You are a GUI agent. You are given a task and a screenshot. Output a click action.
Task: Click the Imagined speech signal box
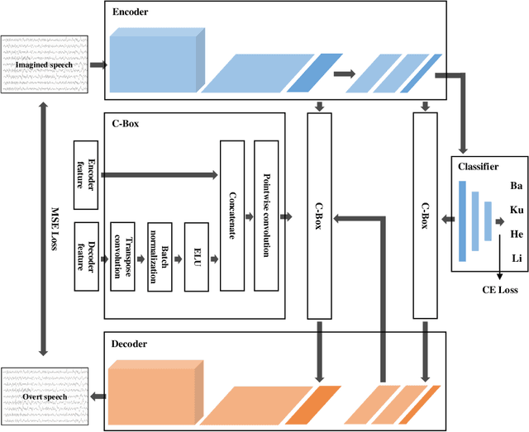(x=44, y=64)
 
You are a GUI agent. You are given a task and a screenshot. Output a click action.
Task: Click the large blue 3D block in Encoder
(x=155, y=61)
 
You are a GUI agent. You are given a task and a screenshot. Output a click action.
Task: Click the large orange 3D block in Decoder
(x=155, y=393)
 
